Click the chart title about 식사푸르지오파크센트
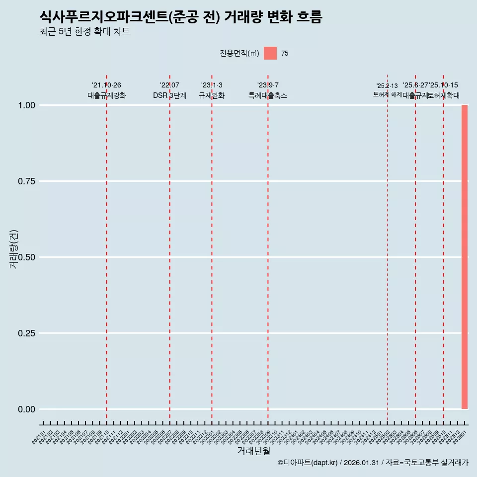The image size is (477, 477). tap(181, 17)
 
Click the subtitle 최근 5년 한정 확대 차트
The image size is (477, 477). tap(84, 32)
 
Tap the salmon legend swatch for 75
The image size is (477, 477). tap(270, 53)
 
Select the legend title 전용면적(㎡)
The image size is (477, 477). tap(239, 53)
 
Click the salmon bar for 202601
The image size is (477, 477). tap(465, 257)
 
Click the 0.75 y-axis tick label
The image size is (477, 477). tap(26, 181)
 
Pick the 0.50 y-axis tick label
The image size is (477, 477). tap(26, 257)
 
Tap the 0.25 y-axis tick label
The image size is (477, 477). tap(26, 333)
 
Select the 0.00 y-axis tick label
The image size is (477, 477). tap(26, 409)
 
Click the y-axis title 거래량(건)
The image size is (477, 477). tap(14, 249)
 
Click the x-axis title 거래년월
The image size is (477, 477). tap(253, 451)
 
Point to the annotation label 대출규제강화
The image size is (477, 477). tap(107, 96)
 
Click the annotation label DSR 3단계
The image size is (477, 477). tap(169, 96)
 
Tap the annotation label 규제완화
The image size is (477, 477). tap(212, 96)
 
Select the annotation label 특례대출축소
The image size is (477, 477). tap(268, 96)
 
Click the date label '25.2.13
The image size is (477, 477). tap(387, 86)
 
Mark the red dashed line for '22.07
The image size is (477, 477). tap(169, 248)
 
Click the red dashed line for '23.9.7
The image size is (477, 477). tap(268, 248)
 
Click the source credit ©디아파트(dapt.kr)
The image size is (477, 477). tap(308, 463)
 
